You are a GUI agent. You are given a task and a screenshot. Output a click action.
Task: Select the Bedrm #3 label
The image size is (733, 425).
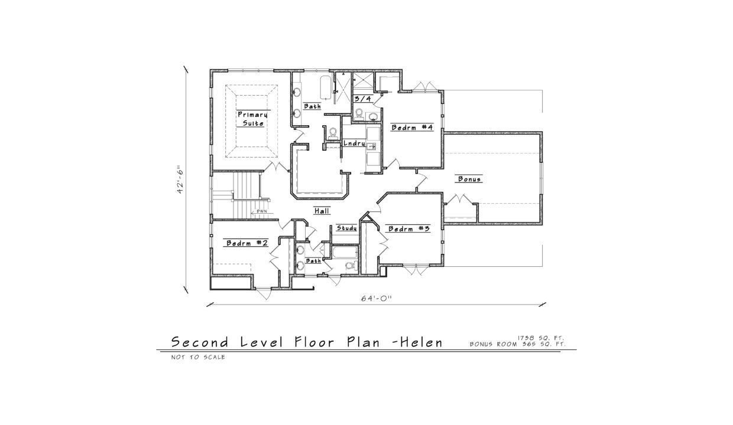[407, 229]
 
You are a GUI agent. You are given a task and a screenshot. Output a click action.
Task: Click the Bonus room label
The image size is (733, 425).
[469, 179]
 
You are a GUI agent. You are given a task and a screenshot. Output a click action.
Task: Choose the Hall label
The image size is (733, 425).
[322, 211]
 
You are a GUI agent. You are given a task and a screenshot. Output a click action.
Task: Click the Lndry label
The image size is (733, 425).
[354, 143]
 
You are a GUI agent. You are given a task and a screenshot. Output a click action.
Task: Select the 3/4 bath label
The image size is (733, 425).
[361, 99]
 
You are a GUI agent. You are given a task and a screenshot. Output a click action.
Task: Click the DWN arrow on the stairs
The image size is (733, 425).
[261, 211]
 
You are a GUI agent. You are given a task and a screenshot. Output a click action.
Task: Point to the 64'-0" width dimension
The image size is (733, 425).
[376, 299]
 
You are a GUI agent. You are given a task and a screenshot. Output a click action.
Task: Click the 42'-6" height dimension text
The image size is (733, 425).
[186, 180]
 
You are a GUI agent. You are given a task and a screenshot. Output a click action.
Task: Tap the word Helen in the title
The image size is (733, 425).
[421, 342]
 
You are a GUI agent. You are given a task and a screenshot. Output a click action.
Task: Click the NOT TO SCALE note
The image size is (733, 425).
[198, 357]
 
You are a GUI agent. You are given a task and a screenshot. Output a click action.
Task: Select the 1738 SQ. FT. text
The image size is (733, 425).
[541, 338]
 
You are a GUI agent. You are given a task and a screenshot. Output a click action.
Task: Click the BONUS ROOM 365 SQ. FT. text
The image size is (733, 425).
[518, 344]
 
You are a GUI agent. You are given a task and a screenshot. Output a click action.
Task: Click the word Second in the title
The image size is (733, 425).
[201, 342]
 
